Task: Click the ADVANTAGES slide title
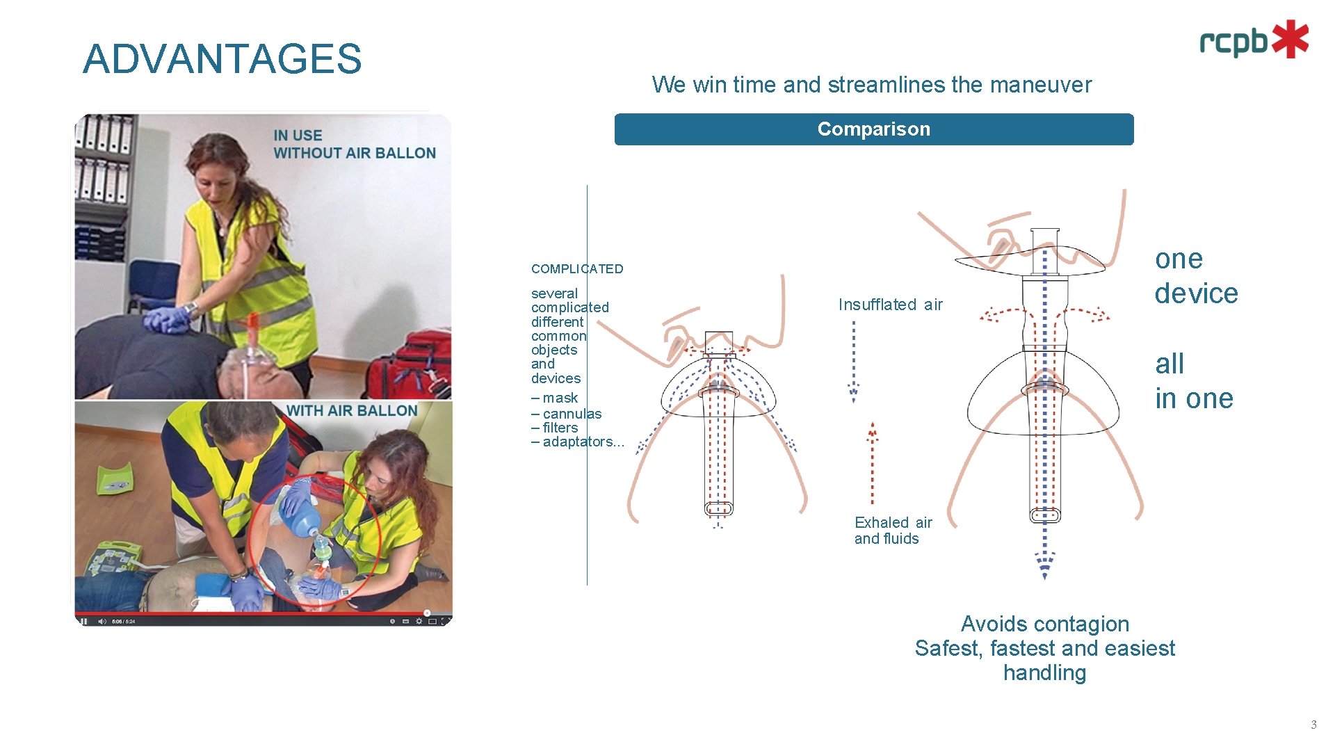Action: (x=222, y=59)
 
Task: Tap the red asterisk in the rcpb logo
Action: (x=1290, y=39)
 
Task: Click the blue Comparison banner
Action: (x=873, y=129)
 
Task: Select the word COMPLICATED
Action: (x=576, y=269)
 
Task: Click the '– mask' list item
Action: (x=554, y=398)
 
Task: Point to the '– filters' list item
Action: (x=554, y=428)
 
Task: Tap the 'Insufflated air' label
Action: (x=890, y=305)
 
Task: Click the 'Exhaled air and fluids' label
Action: (x=892, y=531)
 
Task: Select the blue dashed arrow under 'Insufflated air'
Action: (x=853, y=362)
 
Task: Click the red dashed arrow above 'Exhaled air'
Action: (x=872, y=462)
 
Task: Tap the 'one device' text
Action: (x=1195, y=276)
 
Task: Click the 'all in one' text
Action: (x=1193, y=381)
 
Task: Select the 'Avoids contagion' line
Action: (x=1044, y=624)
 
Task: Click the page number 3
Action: (x=1313, y=725)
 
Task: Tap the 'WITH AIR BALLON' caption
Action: (x=352, y=411)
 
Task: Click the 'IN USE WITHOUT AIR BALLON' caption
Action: (x=354, y=145)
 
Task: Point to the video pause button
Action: (x=83, y=621)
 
